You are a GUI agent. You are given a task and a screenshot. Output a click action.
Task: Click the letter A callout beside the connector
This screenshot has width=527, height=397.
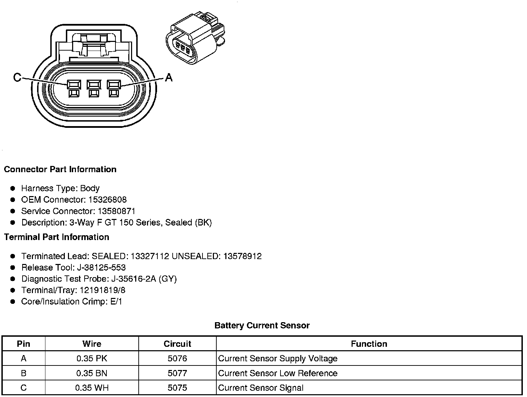tap(169, 77)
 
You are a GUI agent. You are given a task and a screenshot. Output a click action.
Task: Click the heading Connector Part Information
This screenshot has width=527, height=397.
tap(60, 169)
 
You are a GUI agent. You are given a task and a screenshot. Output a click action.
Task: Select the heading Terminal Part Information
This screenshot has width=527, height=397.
tap(57, 237)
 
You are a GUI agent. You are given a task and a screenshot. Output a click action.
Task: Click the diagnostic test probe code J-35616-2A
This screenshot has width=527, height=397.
tap(133, 279)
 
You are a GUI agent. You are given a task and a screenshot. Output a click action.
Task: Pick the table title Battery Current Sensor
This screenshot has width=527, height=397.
tap(262, 326)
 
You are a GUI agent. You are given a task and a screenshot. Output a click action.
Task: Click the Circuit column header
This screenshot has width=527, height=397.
tap(177, 344)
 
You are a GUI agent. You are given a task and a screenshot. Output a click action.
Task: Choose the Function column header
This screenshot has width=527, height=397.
tap(369, 344)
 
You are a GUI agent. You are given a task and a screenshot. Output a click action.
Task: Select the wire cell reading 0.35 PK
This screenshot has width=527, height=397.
tap(92, 359)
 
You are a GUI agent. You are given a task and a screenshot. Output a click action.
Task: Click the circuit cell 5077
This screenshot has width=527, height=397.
tap(177, 373)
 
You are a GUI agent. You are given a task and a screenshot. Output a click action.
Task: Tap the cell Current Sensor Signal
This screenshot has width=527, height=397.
tap(261, 388)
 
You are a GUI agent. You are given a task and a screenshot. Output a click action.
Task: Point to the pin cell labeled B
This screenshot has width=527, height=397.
tap(24, 373)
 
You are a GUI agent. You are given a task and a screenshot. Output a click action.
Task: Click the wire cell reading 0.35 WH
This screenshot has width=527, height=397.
tap(92, 388)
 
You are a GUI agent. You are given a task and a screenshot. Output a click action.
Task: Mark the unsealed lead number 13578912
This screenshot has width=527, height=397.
tap(242, 256)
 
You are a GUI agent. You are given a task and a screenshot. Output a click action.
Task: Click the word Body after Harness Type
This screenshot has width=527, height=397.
tap(90, 188)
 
